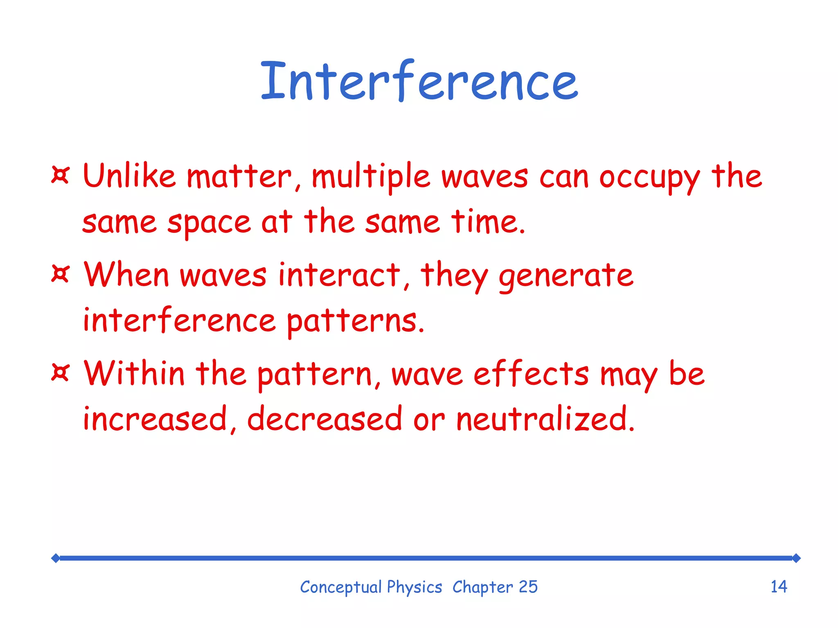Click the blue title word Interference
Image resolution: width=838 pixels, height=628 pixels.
coord(419,82)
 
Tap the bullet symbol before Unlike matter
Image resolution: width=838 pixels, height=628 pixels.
coord(61,175)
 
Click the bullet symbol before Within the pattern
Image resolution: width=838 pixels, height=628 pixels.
coord(61,372)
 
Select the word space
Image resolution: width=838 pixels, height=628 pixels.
coord(209,223)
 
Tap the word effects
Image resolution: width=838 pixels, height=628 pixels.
coord(531,374)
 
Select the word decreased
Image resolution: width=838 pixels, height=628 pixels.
coord(324,419)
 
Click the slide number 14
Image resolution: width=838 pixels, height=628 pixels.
coord(779,587)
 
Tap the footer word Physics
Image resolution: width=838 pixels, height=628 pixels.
coord(414,588)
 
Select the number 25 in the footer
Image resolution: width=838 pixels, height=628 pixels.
coord(528,587)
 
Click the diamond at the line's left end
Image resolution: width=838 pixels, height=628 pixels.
coord(56,558)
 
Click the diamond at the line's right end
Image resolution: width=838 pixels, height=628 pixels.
coord(796,558)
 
